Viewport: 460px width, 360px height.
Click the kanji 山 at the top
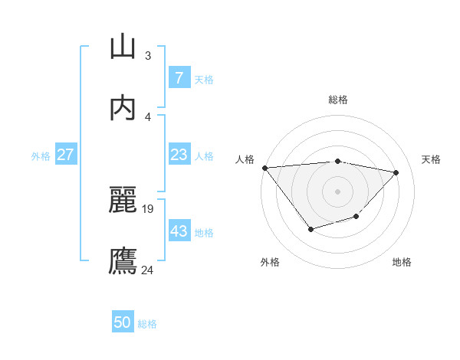(x=123, y=47)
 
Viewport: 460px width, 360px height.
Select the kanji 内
(x=123, y=108)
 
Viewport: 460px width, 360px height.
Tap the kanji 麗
(x=123, y=200)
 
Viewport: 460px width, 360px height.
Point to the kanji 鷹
(x=123, y=261)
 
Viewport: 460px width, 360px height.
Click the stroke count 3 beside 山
(x=147, y=55)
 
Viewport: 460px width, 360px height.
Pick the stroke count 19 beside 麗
(x=149, y=208)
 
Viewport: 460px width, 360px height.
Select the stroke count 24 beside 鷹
(x=148, y=270)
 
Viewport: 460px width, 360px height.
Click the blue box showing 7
(x=179, y=78)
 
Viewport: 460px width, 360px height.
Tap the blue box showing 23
(x=179, y=155)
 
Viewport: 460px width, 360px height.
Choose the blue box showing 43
(x=179, y=231)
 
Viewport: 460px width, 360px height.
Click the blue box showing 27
(x=66, y=155)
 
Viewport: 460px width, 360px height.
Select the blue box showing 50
(x=123, y=322)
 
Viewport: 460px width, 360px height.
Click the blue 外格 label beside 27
(x=41, y=155)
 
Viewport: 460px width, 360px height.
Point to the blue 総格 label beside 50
(x=147, y=324)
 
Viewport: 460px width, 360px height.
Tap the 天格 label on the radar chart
(x=432, y=159)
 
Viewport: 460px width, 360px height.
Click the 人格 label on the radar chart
(x=245, y=159)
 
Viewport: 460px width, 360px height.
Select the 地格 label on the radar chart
(x=402, y=262)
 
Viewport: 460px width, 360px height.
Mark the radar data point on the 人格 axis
(x=264, y=168)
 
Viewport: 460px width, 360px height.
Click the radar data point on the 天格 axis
(x=396, y=172)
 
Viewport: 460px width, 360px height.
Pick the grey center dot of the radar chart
(x=337, y=191)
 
